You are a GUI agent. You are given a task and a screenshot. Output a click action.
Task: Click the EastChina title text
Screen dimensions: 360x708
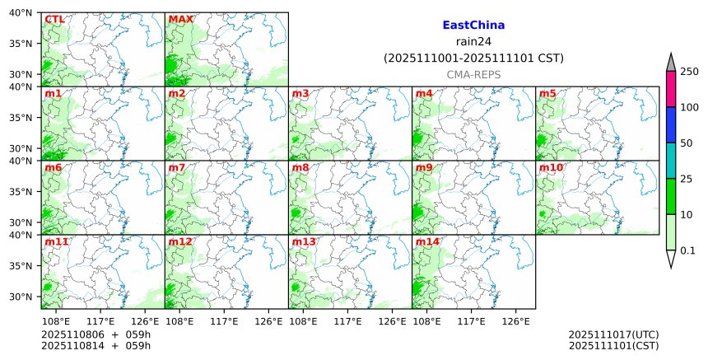click(473, 26)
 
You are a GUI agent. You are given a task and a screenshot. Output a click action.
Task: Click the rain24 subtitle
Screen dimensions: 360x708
click(473, 42)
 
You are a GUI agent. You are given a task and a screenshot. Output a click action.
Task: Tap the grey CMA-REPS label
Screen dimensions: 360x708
click(473, 75)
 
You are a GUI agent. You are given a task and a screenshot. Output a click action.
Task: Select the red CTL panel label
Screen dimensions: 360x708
click(54, 19)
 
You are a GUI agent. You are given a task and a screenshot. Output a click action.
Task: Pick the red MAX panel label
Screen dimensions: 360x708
click(180, 19)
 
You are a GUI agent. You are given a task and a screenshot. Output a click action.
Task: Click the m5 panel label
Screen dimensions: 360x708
click(547, 93)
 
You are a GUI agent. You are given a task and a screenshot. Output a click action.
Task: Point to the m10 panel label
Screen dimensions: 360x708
click(551, 168)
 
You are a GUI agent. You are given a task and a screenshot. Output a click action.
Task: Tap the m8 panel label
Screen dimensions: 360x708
click(300, 168)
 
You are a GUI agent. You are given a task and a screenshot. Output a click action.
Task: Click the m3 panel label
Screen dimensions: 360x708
click(300, 93)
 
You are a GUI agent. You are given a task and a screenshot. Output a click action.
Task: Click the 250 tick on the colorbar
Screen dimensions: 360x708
click(689, 72)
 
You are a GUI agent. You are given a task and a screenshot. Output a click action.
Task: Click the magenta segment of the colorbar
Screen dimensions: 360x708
click(671, 89)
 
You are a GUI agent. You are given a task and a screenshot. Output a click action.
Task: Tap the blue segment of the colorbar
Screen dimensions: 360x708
click(671, 124)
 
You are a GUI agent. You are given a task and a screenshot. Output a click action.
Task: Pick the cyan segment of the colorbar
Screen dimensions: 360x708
click(671, 160)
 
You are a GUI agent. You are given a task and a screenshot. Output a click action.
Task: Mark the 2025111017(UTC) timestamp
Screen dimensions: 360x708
click(613, 334)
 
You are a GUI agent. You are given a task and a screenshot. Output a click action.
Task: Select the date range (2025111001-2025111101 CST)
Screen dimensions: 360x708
click(473, 58)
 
